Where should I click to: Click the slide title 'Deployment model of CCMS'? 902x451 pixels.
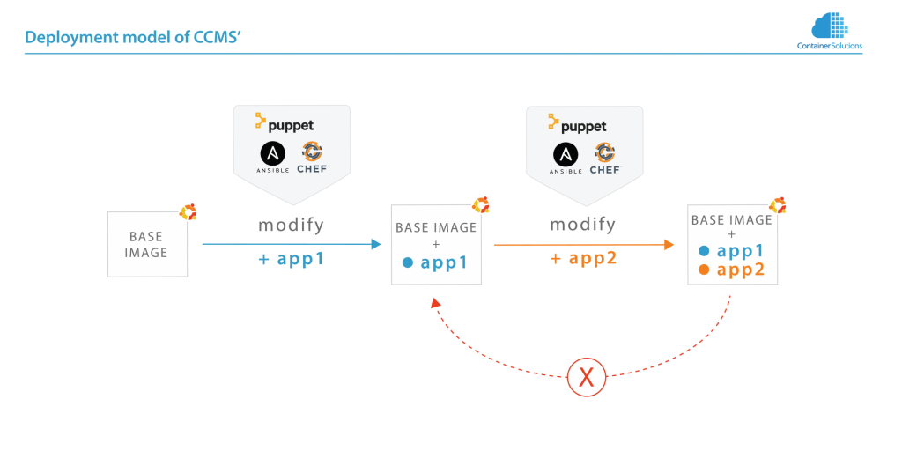point(133,38)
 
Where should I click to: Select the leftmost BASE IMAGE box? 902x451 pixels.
point(147,244)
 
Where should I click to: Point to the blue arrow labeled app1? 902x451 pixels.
point(291,244)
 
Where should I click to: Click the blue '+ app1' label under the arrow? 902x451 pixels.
point(291,260)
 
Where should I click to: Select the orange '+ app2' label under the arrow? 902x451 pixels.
point(582,260)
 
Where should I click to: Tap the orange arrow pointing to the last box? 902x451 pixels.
point(582,244)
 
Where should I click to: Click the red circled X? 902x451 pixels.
point(585,377)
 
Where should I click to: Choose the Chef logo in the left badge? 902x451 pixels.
point(313,156)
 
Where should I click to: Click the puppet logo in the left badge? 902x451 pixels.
point(285,122)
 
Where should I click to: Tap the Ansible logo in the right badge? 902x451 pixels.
point(566,156)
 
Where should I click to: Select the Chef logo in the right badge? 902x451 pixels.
point(605,156)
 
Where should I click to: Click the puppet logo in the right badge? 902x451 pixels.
point(577,122)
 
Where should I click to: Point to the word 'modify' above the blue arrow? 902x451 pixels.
point(291,225)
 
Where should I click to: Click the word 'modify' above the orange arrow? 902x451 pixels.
point(582,225)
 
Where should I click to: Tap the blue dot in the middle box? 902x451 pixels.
point(407,262)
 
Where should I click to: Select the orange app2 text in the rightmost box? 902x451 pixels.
point(740,270)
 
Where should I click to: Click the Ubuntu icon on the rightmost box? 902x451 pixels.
point(777,205)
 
